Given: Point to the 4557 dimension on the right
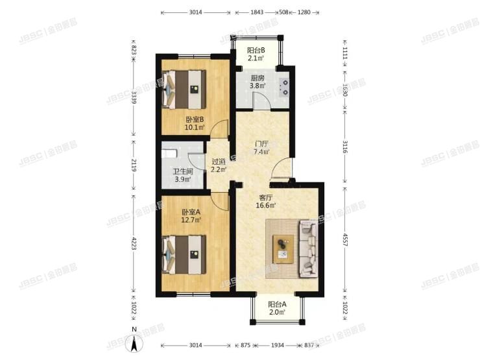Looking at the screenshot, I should (x=344, y=237).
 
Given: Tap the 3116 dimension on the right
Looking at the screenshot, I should (x=344, y=149).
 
